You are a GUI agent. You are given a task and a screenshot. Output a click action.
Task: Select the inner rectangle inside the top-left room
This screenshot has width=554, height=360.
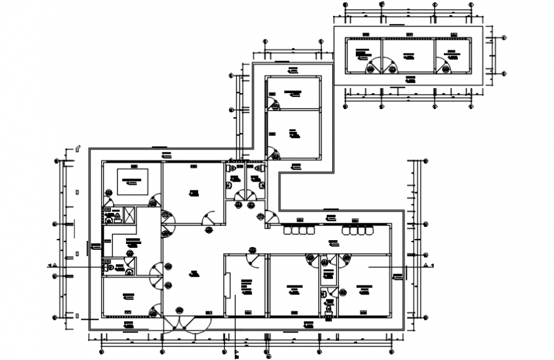[132, 182]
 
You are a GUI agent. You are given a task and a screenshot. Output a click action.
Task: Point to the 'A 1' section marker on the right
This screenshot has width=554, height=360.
[428, 265]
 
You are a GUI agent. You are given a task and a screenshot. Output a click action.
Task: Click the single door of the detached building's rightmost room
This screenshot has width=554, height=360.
[441, 64]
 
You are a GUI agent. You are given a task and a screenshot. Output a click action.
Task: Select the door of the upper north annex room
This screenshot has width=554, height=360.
[273, 102]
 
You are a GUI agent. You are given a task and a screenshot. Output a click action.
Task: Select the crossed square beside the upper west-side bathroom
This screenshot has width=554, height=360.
[129, 215]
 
